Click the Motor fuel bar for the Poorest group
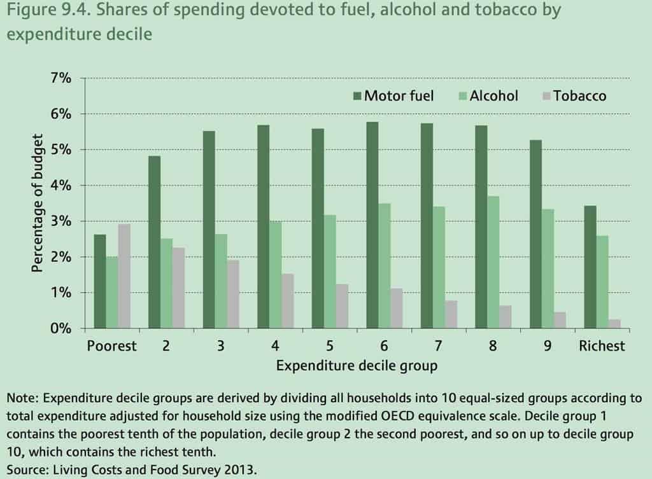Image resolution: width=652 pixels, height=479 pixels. click(x=99, y=281)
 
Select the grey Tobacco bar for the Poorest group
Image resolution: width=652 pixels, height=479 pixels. click(x=124, y=276)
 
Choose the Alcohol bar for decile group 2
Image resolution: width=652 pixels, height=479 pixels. click(x=167, y=283)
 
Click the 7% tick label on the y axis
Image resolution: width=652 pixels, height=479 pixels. click(x=58, y=78)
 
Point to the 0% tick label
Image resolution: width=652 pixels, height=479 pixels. click(x=58, y=329)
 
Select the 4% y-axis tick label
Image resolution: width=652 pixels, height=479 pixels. click(x=58, y=186)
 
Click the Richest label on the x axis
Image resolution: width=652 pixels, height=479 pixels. click(x=602, y=346)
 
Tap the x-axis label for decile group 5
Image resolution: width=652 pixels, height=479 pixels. click(x=330, y=346)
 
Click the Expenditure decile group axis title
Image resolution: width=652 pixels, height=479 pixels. click(x=357, y=366)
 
